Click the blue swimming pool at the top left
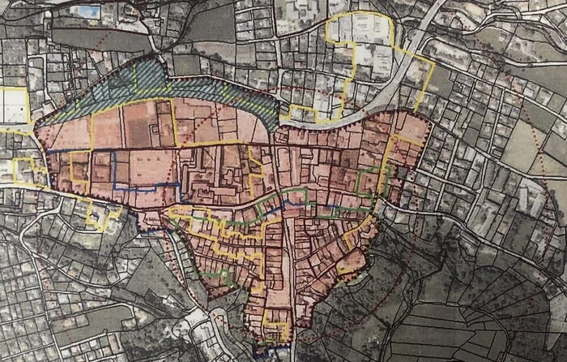click(x=88, y=12)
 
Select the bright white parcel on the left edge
click(x=14, y=106)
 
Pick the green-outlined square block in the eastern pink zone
click(x=369, y=180)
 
